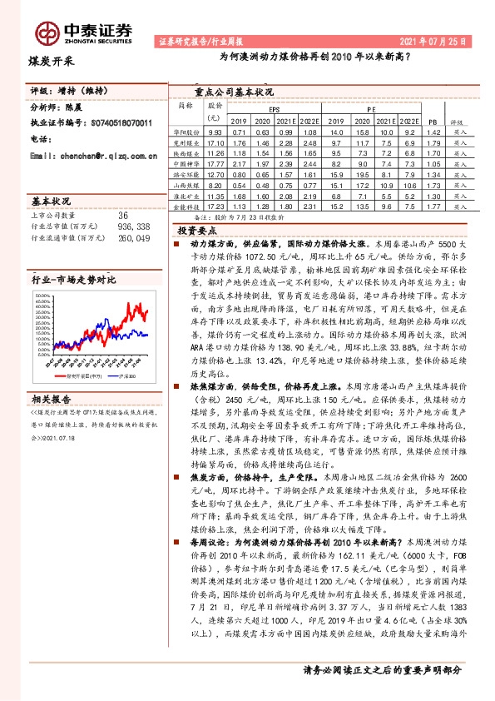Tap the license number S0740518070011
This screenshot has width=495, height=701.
pyautogui.click(x=121, y=122)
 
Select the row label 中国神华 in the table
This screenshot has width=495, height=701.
pyautogui.click(x=186, y=164)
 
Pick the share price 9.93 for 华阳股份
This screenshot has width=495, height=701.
pyautogui.click(x=215, y=132)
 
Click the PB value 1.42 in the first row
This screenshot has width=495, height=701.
pyautogui.click(x=432, y=132)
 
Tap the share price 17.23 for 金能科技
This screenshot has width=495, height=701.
pyautogui.click(x=215, y=205)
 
